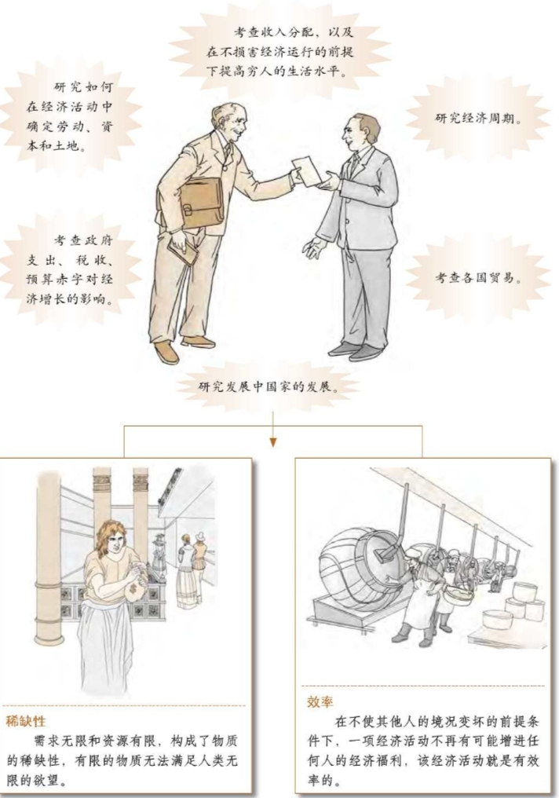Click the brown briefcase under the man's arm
point(202,203)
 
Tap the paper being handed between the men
point(309,170)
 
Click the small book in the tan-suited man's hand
point(183,251)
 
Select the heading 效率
point(320,702)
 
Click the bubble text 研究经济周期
point(479,118)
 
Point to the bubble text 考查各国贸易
point(479,277)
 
